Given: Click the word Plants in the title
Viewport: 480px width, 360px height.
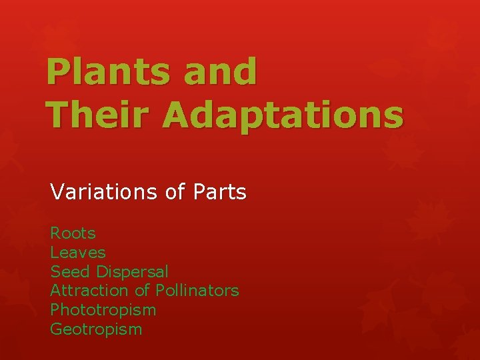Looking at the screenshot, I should click(107, 73).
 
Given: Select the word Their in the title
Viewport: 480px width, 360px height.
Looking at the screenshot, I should click(99, 115).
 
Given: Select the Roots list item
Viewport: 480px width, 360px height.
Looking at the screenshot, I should click(73, 233).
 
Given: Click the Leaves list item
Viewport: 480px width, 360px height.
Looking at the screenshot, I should click(77, 253).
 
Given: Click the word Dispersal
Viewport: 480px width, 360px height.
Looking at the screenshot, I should click(132, 272).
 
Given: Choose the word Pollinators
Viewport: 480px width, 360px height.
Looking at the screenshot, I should click(197, 291).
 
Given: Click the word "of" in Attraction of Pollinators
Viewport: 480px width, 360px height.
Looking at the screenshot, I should click(142, 291).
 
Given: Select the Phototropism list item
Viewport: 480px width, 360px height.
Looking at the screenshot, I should click(103, 310).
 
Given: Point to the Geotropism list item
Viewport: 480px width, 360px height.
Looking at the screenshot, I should click(96, 329).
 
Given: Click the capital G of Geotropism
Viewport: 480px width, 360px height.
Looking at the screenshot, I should click(56, 329).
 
